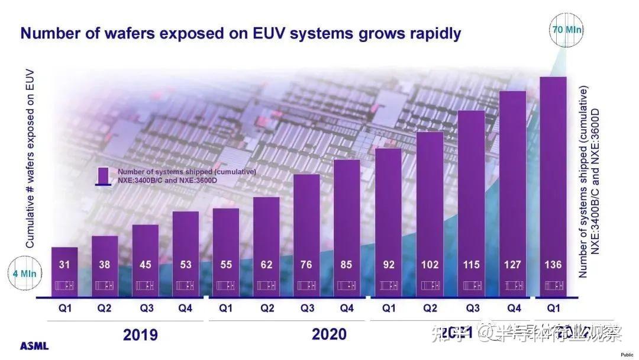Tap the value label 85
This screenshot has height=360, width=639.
(347, 265)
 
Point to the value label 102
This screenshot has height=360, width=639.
(430, 265)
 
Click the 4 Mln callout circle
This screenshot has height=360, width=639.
(24, 274)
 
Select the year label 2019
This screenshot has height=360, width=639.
(140, 335)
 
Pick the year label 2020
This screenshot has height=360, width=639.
(329, 335)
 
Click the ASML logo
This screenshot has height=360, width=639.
(34, 346)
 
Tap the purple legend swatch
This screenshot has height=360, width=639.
(104, 176)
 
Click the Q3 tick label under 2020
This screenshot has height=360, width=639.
(306, 308)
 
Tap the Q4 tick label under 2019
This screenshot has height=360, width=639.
(185, 308)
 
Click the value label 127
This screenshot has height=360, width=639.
(512, 265)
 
